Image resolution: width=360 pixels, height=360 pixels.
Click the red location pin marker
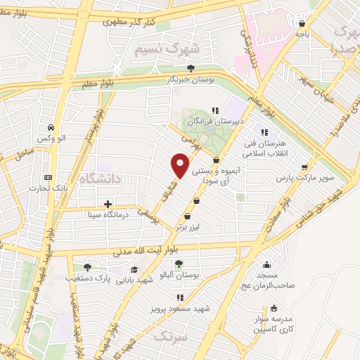point(180,166)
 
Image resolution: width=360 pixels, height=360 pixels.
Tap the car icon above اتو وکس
point(51,128)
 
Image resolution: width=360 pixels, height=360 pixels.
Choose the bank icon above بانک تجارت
point(47,176)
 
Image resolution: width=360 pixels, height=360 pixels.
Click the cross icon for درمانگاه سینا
point(107,205)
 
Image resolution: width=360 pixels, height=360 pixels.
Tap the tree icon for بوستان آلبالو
point(179,264)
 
